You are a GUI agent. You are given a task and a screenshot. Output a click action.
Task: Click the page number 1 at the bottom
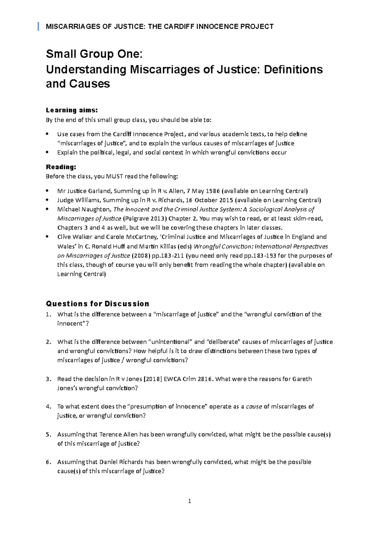[189, 501]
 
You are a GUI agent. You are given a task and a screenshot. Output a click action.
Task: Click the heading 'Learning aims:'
[72, 110]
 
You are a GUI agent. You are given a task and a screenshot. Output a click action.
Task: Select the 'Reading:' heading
[61, 167]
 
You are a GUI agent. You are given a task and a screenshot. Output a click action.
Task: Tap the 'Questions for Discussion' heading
[97, 304]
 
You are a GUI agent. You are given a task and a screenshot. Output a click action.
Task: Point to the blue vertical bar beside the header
[38, 27]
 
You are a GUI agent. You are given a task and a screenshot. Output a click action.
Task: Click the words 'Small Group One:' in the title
[94, 54]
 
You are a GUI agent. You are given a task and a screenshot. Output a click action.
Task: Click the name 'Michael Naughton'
[84, 209]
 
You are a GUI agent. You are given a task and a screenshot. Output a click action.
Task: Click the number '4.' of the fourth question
[48, 407]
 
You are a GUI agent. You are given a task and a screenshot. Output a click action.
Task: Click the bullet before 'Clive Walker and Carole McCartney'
[47, 236]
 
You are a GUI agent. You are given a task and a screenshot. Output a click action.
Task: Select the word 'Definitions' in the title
[293, 69]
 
